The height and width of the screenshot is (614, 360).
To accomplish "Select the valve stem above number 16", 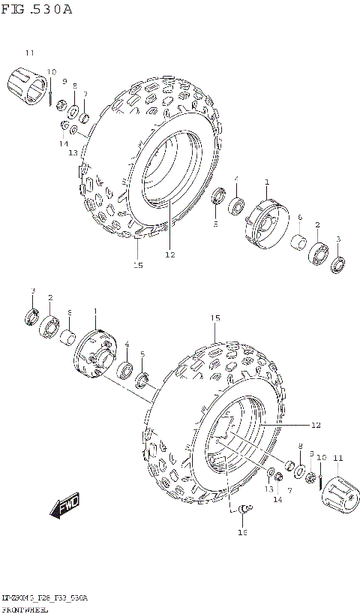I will click(x=241, y=510).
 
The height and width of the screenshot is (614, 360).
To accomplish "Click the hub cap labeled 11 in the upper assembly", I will click(x=25, y=83).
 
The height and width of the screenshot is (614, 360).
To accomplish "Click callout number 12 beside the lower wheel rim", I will click(x=315, y=425).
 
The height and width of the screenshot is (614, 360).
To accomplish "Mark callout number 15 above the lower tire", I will click(x=215, y=318).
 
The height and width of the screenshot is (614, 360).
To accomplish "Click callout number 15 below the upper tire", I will click(x=138, y=264).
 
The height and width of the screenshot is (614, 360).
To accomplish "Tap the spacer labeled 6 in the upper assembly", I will click(x=299, y=243).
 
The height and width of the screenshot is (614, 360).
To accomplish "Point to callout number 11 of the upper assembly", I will click(x=29, y=53).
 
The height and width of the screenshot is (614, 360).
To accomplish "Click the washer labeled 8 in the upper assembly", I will click(x=74, y=113).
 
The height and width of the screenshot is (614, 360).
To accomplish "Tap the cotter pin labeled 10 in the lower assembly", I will click(x=321, y=480).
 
